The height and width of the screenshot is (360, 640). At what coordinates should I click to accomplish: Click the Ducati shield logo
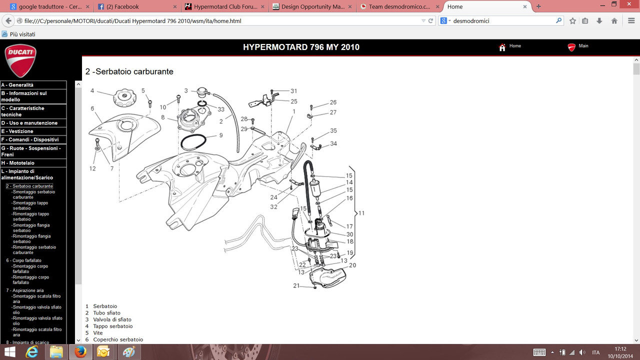(x=20, y=60)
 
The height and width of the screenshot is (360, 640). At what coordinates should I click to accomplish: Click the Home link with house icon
(x=510, y=46)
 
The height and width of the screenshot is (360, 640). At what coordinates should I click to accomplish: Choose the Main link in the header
(x=578, y=46)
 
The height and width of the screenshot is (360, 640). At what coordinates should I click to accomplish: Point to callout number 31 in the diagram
(x=293, y=91)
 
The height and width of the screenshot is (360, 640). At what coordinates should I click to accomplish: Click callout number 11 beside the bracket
(x=361, y=213)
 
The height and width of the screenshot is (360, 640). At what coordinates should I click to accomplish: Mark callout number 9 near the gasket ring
(x=221, y=135)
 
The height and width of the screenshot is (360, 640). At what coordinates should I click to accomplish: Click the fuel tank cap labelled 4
(x=124, y=97)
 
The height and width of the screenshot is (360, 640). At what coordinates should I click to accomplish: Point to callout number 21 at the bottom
(x=296, y=285)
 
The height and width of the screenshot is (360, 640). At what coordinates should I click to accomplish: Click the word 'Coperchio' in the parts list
(x=105, y=339)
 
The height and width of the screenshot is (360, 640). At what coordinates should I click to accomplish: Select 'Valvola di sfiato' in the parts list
(x=112, y=319)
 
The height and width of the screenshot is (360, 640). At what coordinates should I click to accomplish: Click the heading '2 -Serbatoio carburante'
(x=129, y=71)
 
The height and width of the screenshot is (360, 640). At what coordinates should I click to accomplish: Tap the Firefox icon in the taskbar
(x=80, y=352)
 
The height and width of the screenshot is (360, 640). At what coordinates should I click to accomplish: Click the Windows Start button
(x=9, y=352)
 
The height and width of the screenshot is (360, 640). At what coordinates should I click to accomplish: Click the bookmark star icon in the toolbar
(x=572, y=21)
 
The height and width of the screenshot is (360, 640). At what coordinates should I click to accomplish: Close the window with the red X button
(x=629, y=4)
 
